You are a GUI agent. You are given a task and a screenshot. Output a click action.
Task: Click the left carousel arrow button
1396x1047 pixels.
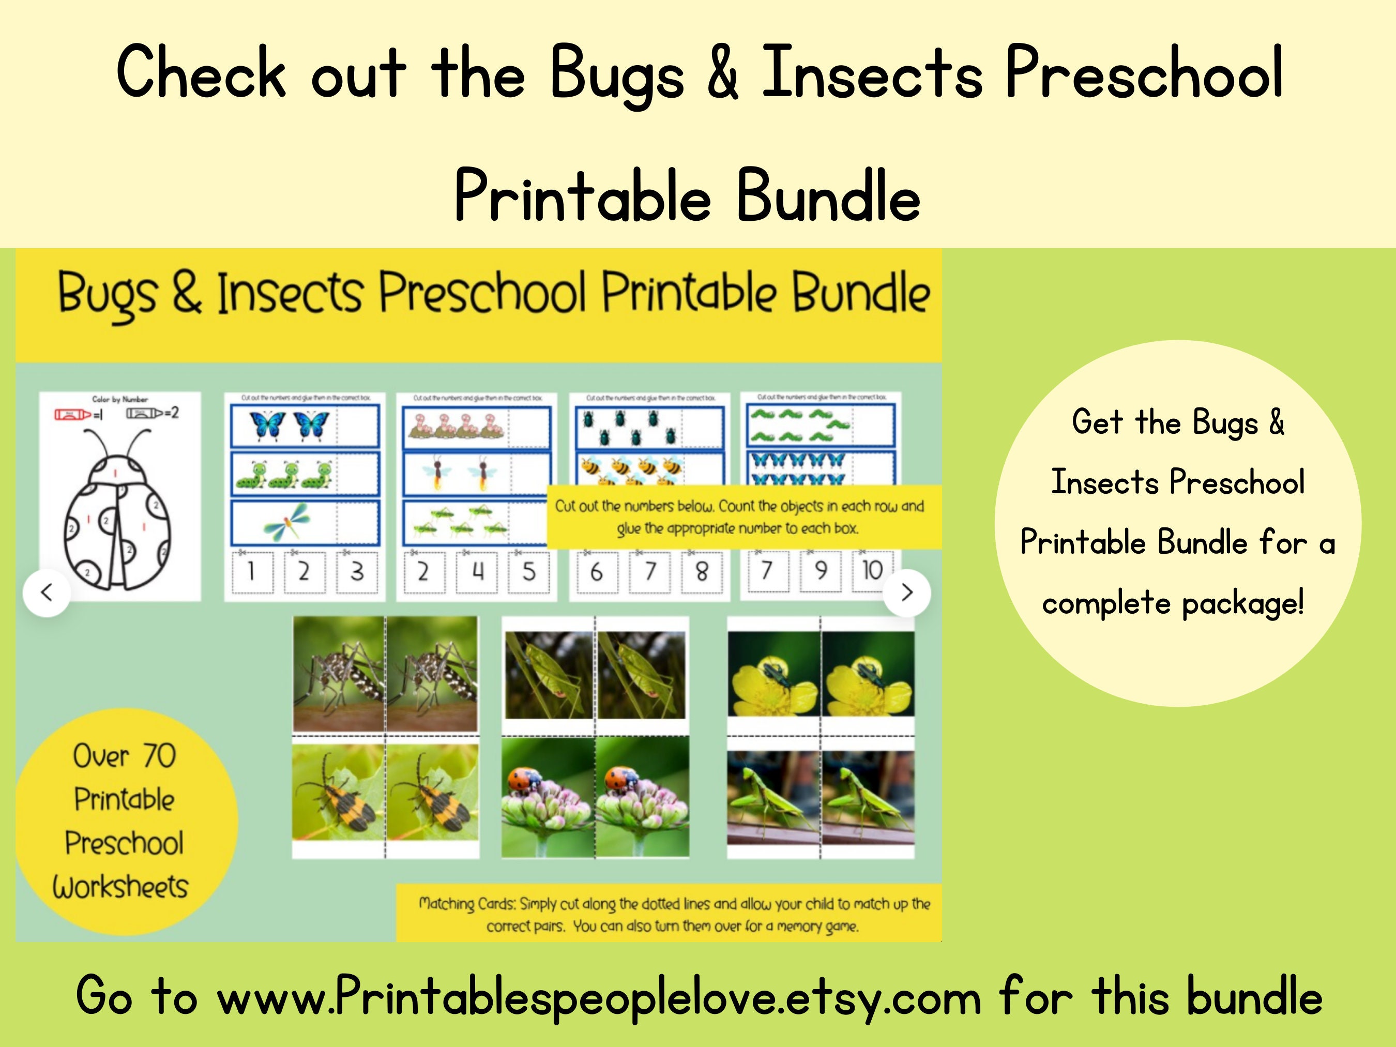[46, 593]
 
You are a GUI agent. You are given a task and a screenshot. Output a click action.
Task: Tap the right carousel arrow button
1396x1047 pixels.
[907, 593]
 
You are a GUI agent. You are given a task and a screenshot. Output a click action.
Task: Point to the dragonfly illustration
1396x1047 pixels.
[287, 521]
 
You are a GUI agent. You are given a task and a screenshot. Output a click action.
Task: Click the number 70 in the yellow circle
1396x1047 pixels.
[159, 756]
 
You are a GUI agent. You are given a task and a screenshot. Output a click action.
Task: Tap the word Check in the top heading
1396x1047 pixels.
[201, 72]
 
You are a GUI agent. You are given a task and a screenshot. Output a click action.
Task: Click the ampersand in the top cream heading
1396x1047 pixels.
[723, 72]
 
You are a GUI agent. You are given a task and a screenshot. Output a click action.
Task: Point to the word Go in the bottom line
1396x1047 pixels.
[104, 996]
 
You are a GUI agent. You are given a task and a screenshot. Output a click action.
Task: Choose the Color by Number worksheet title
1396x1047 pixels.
[120, 399]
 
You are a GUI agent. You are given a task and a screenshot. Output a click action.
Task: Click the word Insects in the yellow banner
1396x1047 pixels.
[290, 294]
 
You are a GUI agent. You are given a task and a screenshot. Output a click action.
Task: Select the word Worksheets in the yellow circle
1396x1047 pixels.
[120, 887]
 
